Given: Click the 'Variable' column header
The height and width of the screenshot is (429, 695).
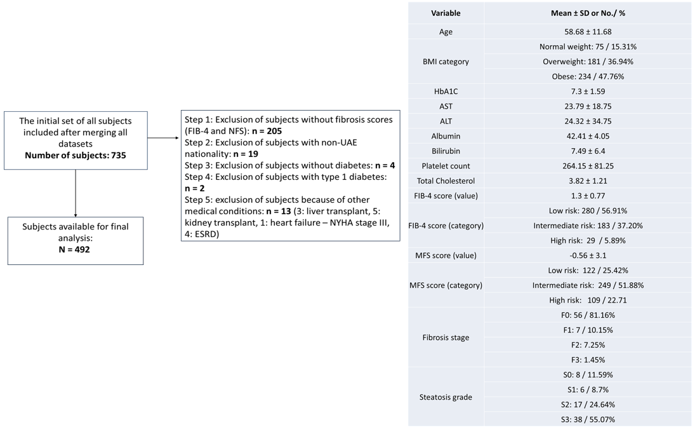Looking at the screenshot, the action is [x=446, y=13].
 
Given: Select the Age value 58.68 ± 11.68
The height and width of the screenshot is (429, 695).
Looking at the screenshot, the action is [x=588, y=32].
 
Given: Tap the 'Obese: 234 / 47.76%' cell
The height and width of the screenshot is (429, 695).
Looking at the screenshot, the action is [x=588, y=77].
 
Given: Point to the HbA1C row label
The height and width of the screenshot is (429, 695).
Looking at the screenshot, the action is [x=446, y=92].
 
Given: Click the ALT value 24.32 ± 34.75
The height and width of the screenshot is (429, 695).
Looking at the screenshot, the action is [x=588, y=121].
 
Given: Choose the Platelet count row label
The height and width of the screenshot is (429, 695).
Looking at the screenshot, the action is [x=446, y=166].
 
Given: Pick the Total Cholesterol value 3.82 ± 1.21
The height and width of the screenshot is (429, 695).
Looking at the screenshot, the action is [x=588, y=181].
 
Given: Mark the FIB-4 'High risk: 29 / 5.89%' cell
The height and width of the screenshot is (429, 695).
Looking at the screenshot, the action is [x=588, y=240].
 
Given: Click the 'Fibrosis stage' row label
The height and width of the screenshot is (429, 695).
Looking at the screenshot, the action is [x=446, y=337].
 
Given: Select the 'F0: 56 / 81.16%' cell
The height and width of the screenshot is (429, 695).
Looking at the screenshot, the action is [x=588, y=315].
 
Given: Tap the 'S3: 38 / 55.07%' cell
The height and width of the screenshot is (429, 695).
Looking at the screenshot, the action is [x=588, y=419].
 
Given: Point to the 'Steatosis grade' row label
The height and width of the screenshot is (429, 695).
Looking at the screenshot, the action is [x=446, y=397].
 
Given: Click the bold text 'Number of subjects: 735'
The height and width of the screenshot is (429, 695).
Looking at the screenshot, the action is [x=76, y=155].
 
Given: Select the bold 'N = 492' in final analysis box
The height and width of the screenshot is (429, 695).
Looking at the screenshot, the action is [x=74, y=250].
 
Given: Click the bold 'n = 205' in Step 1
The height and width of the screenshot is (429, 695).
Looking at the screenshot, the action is [x=267, y=131].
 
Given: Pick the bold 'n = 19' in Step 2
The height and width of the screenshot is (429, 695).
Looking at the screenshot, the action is [x=246, y=154].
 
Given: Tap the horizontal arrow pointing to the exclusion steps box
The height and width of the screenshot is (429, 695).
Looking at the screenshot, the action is [x=163, y=138].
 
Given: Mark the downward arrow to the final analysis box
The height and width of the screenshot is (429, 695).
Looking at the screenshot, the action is [x=76, y=193].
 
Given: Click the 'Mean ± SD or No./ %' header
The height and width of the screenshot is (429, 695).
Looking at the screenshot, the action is [x=588, y=13].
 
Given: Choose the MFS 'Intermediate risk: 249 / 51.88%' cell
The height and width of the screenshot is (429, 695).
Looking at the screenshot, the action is [x=588, y=285].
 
